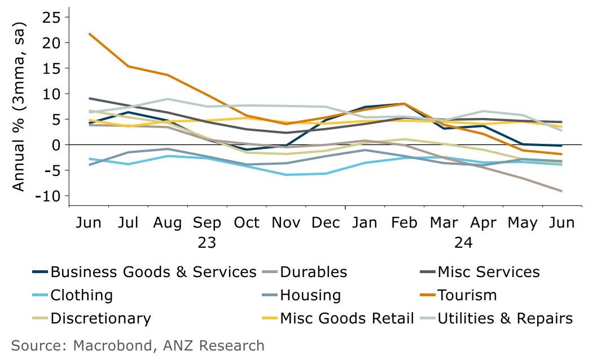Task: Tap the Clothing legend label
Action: point(82,295)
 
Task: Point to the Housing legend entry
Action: point(310,295)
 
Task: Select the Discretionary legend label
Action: point(101,318)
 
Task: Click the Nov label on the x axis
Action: point(285,222)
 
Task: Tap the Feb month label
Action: point(403,222)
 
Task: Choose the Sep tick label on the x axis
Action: point(207,222)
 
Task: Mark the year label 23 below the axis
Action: point(207,243)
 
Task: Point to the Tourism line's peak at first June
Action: point(89,34)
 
